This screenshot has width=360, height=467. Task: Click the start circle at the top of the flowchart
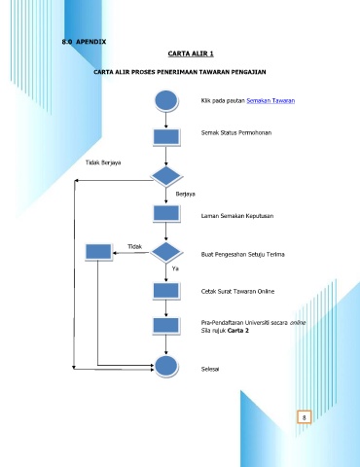[x=166, y=100]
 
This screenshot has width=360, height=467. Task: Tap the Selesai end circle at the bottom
[x=166, y=367]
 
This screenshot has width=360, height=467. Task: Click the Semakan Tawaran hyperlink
[x=270, y=100]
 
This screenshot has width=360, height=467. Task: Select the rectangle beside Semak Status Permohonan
[x=166, y=137]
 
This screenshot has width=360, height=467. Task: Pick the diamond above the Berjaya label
[x=166, y=176]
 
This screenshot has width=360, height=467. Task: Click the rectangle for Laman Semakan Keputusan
[x=166, y=214]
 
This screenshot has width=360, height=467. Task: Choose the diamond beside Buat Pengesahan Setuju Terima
[x=166, y=252]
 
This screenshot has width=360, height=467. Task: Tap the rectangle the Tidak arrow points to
[x=98, y=252]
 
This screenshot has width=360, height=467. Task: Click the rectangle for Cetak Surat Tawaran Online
[x=166, y=291]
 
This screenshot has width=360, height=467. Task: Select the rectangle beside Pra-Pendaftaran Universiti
[x=166, y=326]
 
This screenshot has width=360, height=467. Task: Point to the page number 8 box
[x=305, y=417]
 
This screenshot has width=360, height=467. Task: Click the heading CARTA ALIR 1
[x=191, y=54]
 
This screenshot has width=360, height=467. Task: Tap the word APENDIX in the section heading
[x=90, y=42]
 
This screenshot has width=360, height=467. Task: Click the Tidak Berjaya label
[x=103, y=162]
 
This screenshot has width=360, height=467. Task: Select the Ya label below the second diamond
[x=175, y=269]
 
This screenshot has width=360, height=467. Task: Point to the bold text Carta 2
[x=238, y=331]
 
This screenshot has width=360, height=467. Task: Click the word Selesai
[x=210, y=369]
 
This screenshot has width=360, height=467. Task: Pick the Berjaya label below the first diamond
[x=185, y=194]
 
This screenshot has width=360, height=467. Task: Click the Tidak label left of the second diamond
[x=134, y=247]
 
